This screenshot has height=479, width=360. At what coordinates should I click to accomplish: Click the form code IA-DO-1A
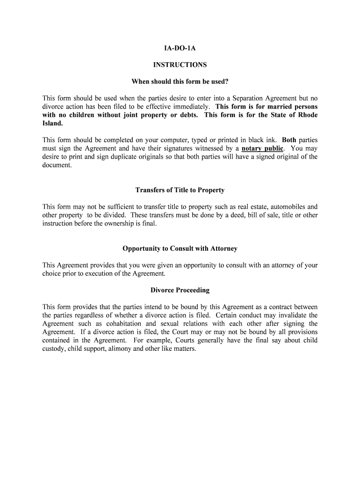tap(180, 48)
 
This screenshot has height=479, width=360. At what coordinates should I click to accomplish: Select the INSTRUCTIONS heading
tap(180, 65)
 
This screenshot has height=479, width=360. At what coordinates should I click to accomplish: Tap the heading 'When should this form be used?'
tap(180, 82)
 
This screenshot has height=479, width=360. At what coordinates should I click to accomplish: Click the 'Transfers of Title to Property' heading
tap(180, 190)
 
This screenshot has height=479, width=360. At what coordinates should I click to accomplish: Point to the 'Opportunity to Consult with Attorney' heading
tap(180, 248)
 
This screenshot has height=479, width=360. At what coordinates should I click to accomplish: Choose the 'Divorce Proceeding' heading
tap(180, 290)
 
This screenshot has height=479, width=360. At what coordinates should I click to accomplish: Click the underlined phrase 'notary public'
tap(262, 149)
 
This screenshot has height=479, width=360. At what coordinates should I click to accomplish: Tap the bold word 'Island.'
tap(52, 123)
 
